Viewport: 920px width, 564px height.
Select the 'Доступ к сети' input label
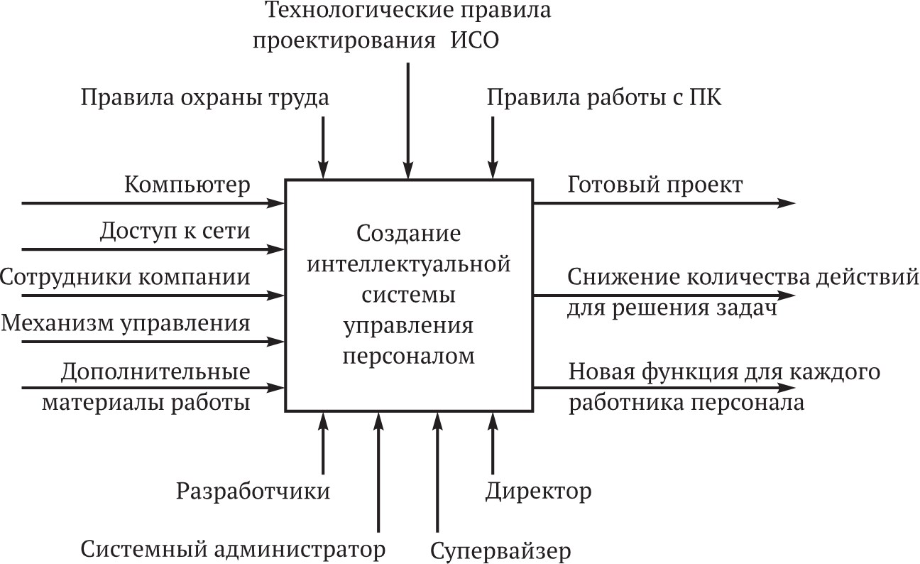point(175,231)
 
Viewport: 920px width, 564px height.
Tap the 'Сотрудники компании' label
point(125,277)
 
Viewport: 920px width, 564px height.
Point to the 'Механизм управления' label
point(126,324)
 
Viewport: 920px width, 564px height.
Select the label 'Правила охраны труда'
point(205,99)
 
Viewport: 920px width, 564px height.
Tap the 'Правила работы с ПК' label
point(603,98)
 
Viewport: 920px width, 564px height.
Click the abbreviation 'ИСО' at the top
point(475,41)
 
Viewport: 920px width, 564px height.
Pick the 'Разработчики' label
point(253,492)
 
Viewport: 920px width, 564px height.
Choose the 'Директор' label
point(539,492)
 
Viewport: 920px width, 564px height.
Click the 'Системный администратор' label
point(233,550)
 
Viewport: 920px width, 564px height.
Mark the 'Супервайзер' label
point(500,551)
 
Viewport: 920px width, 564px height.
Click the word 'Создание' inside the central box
point(409,234)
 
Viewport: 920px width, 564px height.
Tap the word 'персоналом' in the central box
point(409,357)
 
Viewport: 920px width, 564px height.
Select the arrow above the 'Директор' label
point(493,443)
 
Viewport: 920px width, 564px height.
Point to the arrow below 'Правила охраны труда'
point(323,148)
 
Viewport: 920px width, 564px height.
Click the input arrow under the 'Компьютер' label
point(153,203)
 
